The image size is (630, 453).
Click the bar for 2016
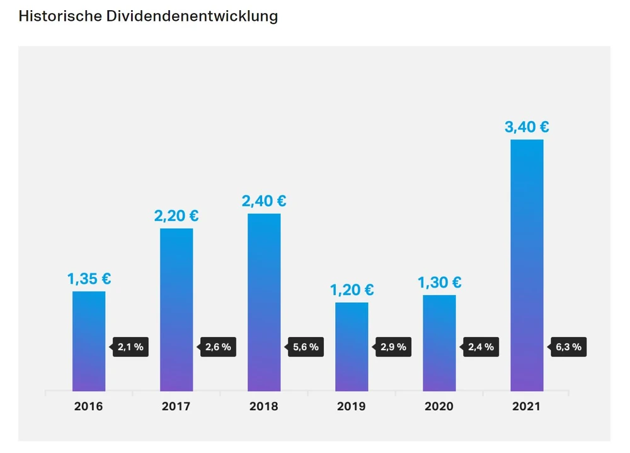pos(89,341)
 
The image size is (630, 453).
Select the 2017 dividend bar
pos(176,309)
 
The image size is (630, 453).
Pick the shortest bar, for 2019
pos(352,346)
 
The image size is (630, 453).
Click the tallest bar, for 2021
pos(527,265)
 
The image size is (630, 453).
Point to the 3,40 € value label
pos(527,127)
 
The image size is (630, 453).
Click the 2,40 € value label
pos(264,201)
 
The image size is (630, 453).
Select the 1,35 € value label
pos(89,278)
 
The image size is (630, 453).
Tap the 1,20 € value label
pos(352,290)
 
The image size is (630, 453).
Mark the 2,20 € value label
pos(176,216)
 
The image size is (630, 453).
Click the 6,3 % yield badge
pos(569,347)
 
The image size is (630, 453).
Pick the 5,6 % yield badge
pos(306,347)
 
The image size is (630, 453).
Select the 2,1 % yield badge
pos(131,347)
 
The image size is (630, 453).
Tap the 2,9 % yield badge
pos(394,347)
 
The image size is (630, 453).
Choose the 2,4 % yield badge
pos(481,347)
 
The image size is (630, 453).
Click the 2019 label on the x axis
pos(351,406)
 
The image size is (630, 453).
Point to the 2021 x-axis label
pos(526,406)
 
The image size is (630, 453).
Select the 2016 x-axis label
pos(88,406)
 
